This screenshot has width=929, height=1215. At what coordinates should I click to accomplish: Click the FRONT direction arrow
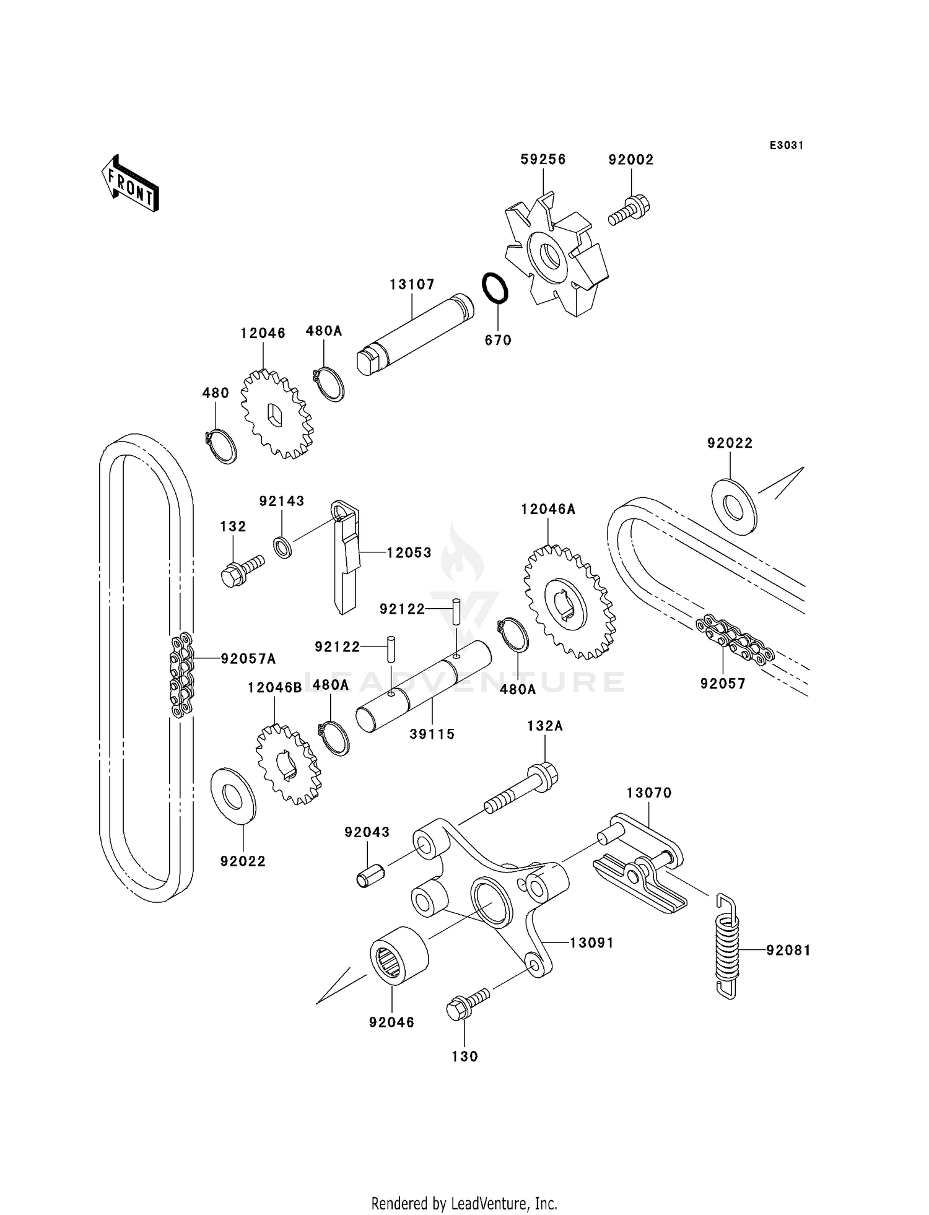click(130, 185)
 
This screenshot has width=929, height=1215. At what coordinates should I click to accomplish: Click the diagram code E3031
click(786, 146)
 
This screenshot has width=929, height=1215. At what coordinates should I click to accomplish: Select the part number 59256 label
click(543, 159)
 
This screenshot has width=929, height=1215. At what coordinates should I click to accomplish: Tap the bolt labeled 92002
click(629, 211)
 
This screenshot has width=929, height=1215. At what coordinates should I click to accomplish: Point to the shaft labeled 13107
click(415, 334)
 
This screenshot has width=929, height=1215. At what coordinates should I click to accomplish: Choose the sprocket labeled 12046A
click(570, 601)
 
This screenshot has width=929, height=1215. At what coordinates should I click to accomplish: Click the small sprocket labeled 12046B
click(289, 764)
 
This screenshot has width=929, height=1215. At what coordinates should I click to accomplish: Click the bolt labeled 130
click(468, 1004)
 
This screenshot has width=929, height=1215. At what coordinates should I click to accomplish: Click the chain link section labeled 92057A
click(181, 674)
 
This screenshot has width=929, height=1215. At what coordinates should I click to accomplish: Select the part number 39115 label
click(432, 734)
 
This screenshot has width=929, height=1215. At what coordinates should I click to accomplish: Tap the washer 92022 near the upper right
click(734, 507)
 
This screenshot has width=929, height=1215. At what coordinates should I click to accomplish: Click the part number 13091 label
click(591, 943)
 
